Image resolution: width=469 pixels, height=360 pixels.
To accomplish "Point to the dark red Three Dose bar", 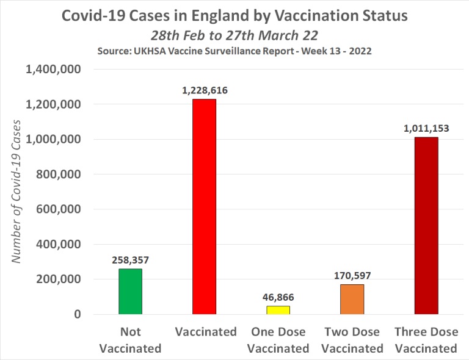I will click(x=426, y=226).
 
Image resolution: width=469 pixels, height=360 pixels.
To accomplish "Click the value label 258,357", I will click(x=131, y=260).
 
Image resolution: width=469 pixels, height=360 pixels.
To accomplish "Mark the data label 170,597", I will click(x=352, y=276).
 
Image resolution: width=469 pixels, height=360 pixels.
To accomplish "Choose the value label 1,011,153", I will click(x=426, y=128).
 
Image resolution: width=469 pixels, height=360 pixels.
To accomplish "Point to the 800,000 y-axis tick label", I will click(x=60, y=175).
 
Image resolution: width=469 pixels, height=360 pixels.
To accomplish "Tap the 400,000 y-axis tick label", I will click(x=60, y=244).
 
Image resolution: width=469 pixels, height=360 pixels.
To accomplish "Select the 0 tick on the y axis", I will click(x=78, y=314).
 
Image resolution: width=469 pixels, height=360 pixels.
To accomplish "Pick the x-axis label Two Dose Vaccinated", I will click(x=352, y=340).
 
